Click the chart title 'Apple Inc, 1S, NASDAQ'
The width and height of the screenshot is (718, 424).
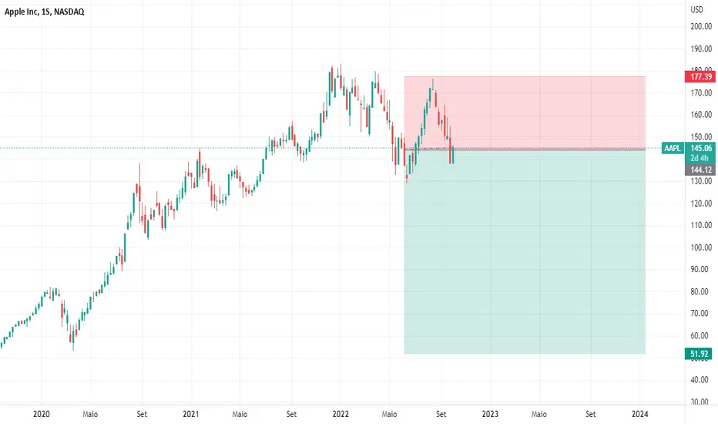pyautogui.click(x=45, y=12)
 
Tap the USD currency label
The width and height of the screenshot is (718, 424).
pyautogui.click(x=696, y=9)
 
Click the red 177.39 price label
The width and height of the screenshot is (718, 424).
pyautogui.click(x=700, y=76)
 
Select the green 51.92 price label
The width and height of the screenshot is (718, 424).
pyautogui.click(x=699, y=354)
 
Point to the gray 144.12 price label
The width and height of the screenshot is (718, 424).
pyautogui.click(x=700, y=170)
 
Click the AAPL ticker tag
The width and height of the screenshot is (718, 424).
pyautogui.click(x=673, y=148)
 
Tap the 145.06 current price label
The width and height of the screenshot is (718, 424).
pyautogui.click(x=701, y=148)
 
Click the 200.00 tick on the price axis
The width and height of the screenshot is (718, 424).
pyautogui.click(x=701, y=26)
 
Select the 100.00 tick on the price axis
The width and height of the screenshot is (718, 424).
pyautogui.click(x=701, y=247)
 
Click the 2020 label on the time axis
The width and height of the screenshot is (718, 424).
pyautogui.click(x=41, y=415)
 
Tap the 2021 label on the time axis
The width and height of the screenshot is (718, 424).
pyautogui.click(x=191, y=415)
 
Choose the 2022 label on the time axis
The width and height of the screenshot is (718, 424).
pyautogui.click(x=341, y=415)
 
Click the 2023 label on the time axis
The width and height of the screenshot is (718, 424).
pyautogui.click(x=490, y=415)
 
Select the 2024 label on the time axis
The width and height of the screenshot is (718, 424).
pyautogui.click(x=639, y=415)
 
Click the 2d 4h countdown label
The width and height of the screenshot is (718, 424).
pyautogui.click(x=700, y=158)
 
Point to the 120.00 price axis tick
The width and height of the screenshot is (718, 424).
pyautogui.click(x=701, y=204)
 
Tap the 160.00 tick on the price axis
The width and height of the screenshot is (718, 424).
pyautogui.click(x=701, y=115)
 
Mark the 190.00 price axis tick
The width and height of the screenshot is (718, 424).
pyautogui.click(x=701, y=49)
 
